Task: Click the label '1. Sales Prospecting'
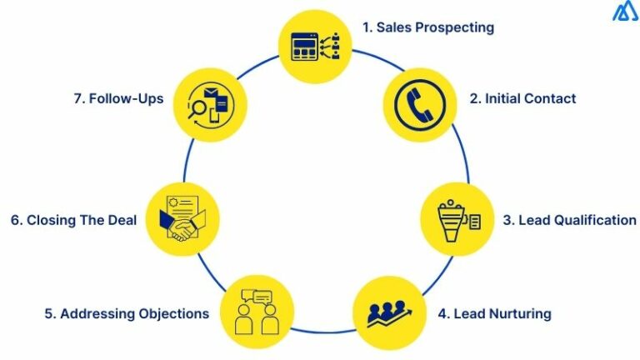click(428, 27)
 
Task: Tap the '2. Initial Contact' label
click(522, 98)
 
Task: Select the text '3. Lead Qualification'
click(569, 220)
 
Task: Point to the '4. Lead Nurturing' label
click(495, 313)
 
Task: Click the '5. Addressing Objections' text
click(127, 313)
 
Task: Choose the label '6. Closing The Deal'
click(73, 220)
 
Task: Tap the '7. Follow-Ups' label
click(119, 98)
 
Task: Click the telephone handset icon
click(420, 105)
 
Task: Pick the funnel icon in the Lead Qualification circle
click(451, 221)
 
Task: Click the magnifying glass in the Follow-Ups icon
click(197, 109)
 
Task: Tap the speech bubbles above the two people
click(257, 297)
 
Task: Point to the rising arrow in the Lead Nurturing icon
click(389, 318)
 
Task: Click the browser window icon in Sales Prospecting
click(304, 47)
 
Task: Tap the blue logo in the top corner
click(626, 12)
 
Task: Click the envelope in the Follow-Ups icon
click(211, 93)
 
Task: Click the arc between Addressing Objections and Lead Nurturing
click(323, 332)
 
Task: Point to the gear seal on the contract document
click(173, 202)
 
